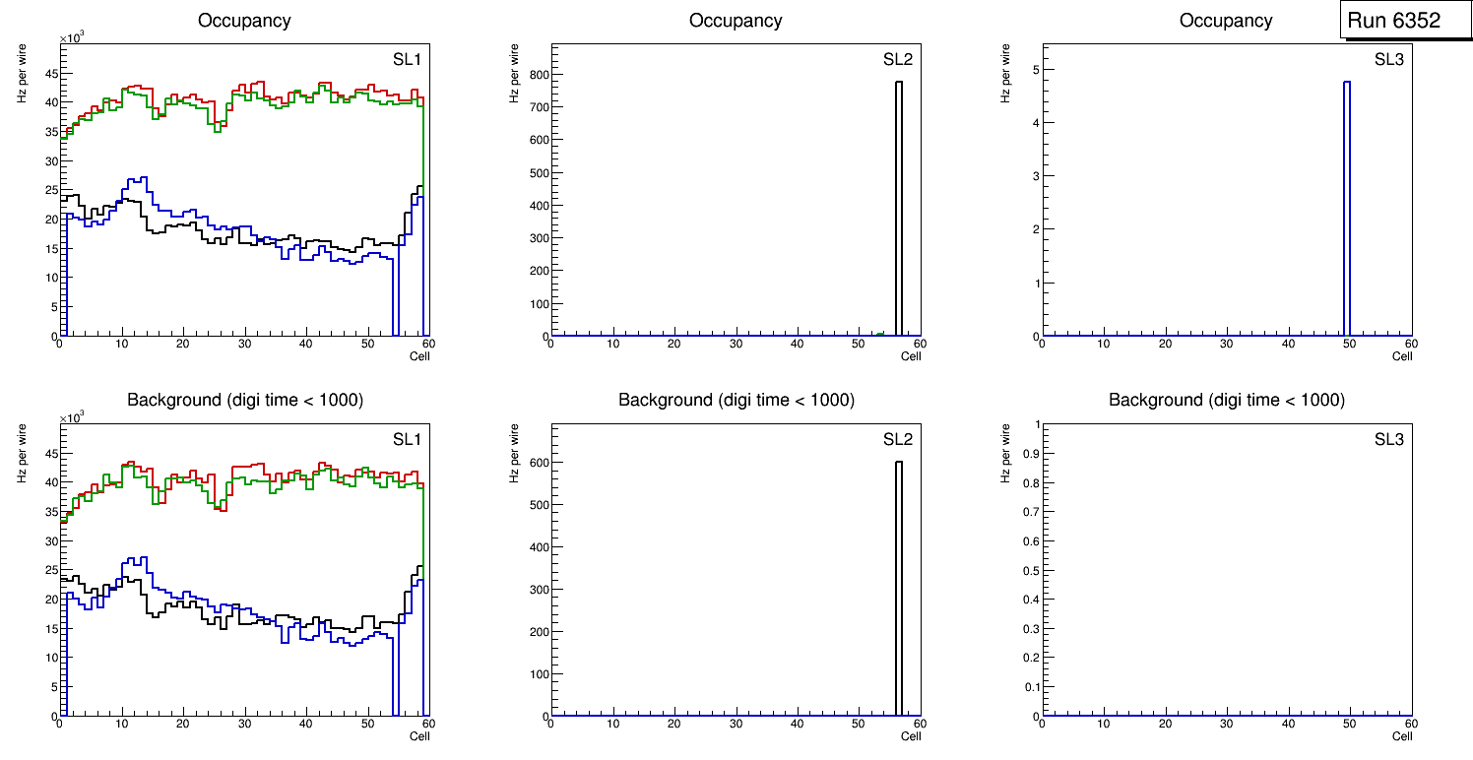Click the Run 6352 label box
pos(1393,21)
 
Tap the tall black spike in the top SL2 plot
pos(898,207)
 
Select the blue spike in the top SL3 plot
pos(1346,207)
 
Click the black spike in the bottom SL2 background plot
pos(898,591)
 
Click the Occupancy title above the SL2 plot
pos(736,21)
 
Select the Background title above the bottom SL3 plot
pos(1227,401)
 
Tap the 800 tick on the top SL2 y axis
pos(540,74)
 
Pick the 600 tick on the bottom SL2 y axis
pos(540,463)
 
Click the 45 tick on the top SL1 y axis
pos(50,74)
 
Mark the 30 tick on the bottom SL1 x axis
pos(244,724)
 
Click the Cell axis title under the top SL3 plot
pos(1402,356)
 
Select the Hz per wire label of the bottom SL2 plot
pos(514,453)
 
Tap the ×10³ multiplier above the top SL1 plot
pos(73,37)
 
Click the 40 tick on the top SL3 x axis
pos(1288,344)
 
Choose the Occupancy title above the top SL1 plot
pos(244,21)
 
